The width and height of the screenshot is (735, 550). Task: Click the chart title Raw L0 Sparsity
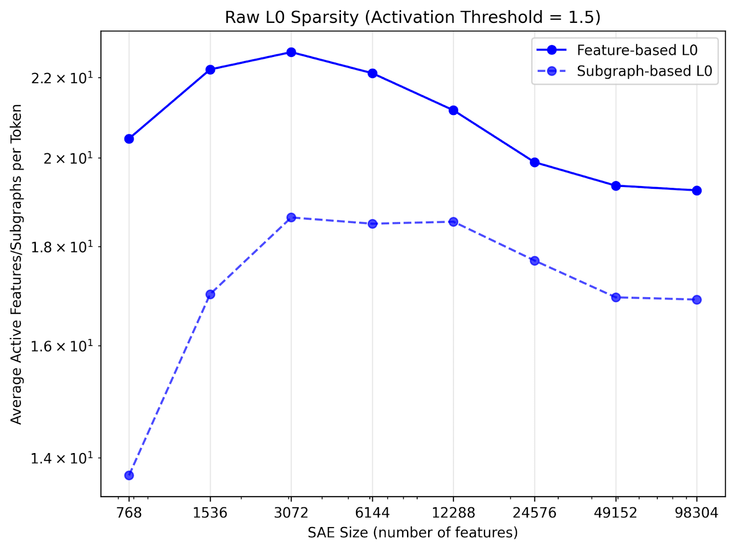pyautogui.click(x=413, y=17)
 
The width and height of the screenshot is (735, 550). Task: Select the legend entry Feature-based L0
pyautogui.click(x=637, y=50)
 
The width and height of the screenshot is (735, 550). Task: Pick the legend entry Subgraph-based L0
pyautogui.click(x=644, y=71)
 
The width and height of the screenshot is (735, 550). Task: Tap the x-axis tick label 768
pyautogui.click(x=129, y=513)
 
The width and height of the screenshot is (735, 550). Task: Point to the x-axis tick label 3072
pyautogui.click(x=291, y=513)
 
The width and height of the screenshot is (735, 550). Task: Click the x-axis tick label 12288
pyautogui.click(x=453, y=513)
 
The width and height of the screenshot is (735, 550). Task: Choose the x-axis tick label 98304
pyautogui.click(x=696, y=513)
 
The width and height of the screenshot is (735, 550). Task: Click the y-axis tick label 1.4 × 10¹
pyautogui.click(x=61, y=458)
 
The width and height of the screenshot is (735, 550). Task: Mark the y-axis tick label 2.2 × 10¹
pyautogui.click(x=61, y=78)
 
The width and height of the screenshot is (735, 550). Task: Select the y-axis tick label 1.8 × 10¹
pyautogui.click(x=61, y=247)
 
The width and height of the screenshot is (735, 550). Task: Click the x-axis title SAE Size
pyautogui.click(x=413, y=533)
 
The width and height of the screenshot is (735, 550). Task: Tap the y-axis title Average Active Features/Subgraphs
pyautogui.click(x=17, y=264)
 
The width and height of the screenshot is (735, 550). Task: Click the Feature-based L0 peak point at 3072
pyautogui.click(x=291, y=52)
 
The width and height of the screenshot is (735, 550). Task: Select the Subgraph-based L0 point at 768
pyautogui.click(x=129, y=476)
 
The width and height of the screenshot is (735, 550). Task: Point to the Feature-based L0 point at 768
pyautogui.click(x=129, y=139)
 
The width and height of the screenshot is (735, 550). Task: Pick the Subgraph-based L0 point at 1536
pyautogui.click(x=210, y=294)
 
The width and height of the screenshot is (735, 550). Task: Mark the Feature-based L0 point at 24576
pyautogui.click(x=534, y=162)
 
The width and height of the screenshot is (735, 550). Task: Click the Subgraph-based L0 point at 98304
pyautogui.click(x=696, y=300)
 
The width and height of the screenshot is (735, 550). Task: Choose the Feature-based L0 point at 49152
pyautogui.click(x=616, y=186)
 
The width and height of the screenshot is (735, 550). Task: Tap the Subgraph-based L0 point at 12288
pyautogui.click(x=453, y=222)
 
